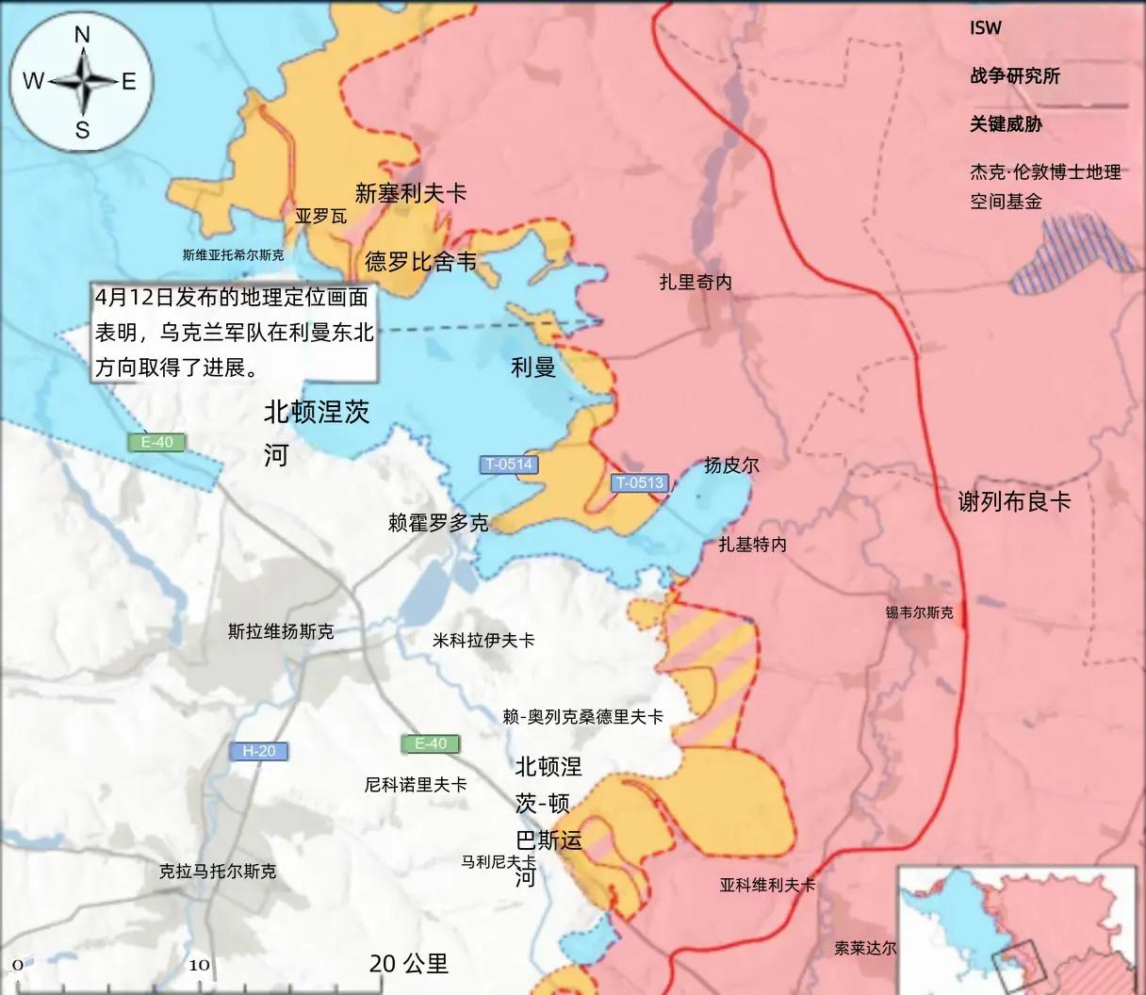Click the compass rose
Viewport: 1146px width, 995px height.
point(82,82)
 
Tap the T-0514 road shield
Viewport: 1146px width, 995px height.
point(509,464)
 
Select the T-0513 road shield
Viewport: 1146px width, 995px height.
point(640,482)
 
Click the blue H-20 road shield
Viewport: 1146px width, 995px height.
point(259,751)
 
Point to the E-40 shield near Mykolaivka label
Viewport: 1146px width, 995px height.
point(431,743)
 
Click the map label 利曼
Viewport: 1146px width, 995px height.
point(533,367)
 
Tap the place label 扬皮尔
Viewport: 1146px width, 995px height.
point(731,465)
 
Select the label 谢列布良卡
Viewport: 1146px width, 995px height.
point(1014,501)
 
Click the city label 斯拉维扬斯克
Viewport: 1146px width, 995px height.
point(281,631)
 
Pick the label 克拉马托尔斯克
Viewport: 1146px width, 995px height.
point(218,872)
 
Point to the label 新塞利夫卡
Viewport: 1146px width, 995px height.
point(411,193)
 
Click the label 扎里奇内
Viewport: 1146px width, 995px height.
point(696,282)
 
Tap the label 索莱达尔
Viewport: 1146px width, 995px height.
point(865,948)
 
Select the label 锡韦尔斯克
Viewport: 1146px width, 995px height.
point(919,612)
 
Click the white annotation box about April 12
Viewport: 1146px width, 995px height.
point(234,332)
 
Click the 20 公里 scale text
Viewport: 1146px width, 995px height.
point(409,963)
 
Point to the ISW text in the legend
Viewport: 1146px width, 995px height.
point(986,28)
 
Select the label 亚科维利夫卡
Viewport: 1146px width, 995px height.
point(767,885)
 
